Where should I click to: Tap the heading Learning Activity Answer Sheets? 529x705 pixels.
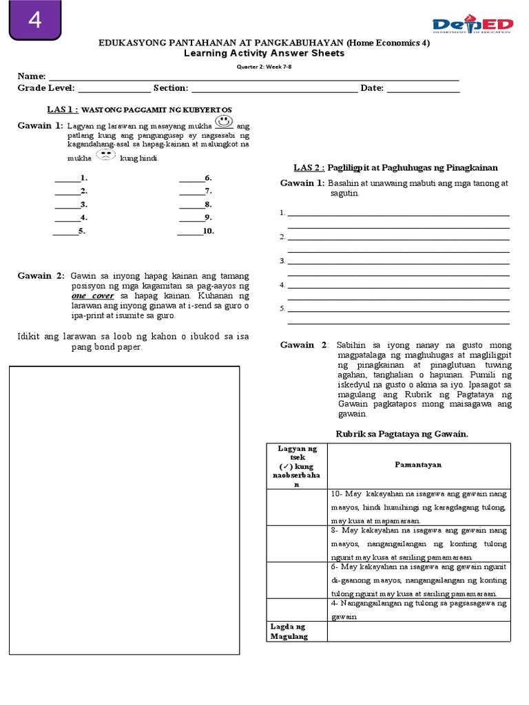pyautogui.click(x=264, y=53)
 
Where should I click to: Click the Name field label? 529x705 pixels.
pyautogui.click(x=31, y=76)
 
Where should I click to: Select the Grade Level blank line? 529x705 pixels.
pyautogui.click(x=114, y=89)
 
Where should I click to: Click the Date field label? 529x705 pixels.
pyautogui.click(x=372, y=88)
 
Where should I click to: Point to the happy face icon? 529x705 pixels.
pyautogui.click(x=222, y=123)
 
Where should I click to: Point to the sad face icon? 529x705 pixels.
pyautogui.click(x=105, y=155)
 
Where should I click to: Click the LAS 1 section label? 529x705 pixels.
pyautogui.click(x=62, y=109)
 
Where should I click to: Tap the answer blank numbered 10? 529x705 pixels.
pyautogui.click(x=189, y=231)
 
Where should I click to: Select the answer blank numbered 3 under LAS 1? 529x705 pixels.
pyautogui.click(x=67, y=204)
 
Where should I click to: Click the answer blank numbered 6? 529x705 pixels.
pyautogui.click(x=191, y=178)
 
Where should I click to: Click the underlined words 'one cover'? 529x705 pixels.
pyautogui.click(x=93, y=295)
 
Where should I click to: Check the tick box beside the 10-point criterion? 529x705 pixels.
pyautogui.click(x=296, y=507)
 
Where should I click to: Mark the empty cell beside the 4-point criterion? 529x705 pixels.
pyautogui.click(x=296, y=609)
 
